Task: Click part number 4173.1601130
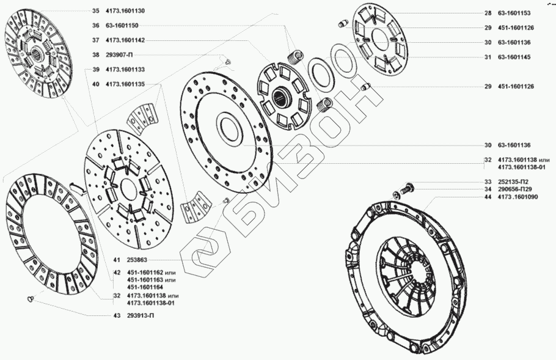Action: pyautogui.click(x=125, y=11)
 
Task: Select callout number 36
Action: pyautogui.click(x=96, y=26)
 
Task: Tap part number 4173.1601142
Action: pyautogui.click(x=125, y=40)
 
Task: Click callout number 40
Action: pyautogui.click(x=96, y=84)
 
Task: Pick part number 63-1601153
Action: pyautogui.click(x=514, y=13)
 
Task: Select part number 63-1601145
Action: pyautogui.click(x=514, y=57)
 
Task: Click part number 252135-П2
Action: pyautogui.click(x=513, y=182)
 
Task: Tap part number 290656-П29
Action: pyautogui.click(x=514, y=189)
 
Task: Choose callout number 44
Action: pyautogui.click(x=488, y=197)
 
